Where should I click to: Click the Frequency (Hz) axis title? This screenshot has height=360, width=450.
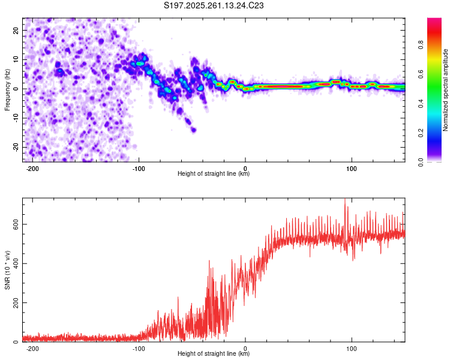[x=8, y=89]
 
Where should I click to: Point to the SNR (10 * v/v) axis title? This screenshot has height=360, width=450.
[x=8, y=269]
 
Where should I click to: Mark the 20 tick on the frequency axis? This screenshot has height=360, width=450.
[x=16, y=30]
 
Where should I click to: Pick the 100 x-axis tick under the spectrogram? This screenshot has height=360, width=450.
[x=352, y=168]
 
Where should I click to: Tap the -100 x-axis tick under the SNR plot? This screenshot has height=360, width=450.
[x=139, y=348]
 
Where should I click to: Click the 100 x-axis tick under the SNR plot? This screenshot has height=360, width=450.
[x=352, y=348]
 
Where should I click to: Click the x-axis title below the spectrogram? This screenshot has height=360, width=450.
[x=214, y=174]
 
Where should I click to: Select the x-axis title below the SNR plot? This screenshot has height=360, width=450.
[x=214, y=354]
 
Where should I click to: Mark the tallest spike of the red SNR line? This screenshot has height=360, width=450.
[x=344, y=200]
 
